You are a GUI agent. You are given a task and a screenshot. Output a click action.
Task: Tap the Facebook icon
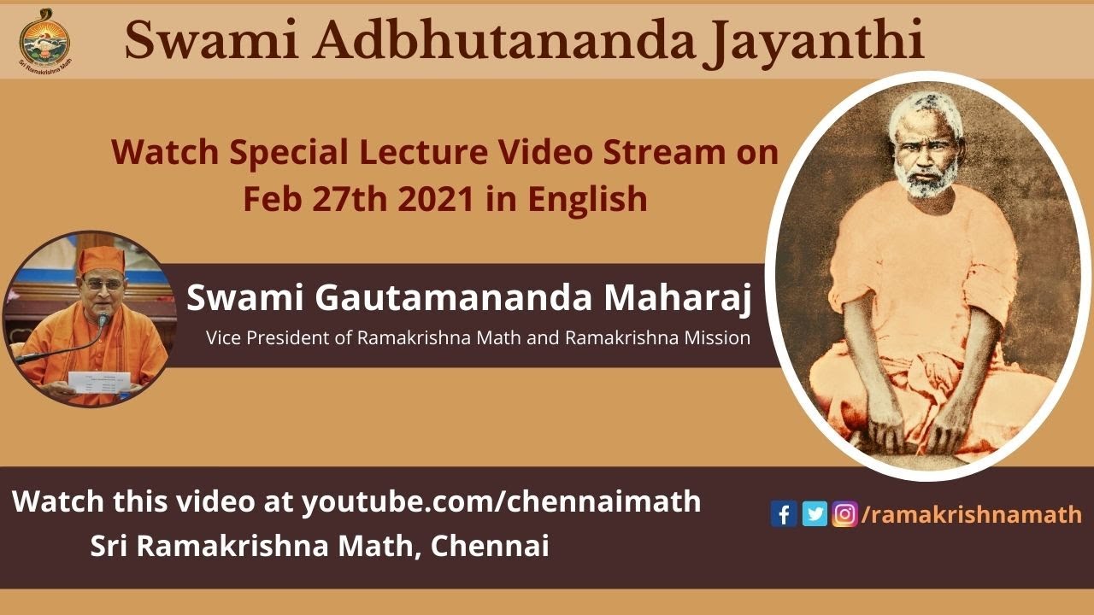click(783, 514)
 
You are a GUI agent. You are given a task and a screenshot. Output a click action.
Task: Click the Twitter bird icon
click(815, 514)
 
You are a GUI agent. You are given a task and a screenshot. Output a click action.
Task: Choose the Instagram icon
click(844, 514)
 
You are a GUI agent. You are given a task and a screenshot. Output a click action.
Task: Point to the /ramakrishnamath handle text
click(972, 514)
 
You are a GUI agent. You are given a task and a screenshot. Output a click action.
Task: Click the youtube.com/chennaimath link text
click(501, 501)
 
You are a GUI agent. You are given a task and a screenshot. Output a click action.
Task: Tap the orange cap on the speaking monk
click(102, 258)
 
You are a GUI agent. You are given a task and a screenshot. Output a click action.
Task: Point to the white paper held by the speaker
click(99, 381)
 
